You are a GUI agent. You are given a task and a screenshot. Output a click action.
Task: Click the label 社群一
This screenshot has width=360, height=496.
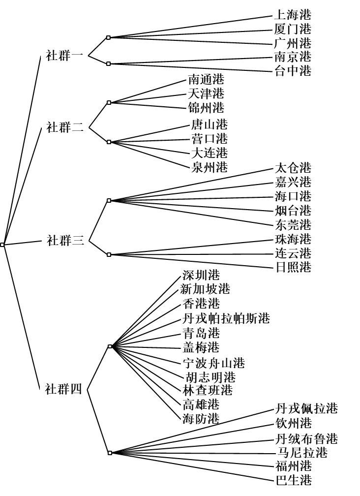click(64, 56)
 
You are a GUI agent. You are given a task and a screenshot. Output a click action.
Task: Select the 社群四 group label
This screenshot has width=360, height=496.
click(64, 388)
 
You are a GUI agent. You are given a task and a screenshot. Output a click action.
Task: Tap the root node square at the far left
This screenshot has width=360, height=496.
click(2, 245)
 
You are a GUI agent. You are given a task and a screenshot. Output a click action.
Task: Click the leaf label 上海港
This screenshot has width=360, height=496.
click(293, 15)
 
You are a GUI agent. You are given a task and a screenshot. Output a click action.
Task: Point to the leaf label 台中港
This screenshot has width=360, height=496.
click(293, 70)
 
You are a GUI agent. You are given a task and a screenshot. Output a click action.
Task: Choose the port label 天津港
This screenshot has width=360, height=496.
click(206, 93)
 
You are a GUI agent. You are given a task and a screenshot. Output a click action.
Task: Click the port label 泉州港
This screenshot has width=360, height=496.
click(209, 167)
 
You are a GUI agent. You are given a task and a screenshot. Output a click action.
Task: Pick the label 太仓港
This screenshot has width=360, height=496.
click(293, 168)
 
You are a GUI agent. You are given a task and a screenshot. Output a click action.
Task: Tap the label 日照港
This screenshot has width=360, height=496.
click(293, 267)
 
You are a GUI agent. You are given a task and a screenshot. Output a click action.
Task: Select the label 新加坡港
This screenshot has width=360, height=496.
click(205, 289)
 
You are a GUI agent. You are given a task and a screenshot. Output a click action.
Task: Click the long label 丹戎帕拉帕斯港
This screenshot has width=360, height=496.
click(226, 318)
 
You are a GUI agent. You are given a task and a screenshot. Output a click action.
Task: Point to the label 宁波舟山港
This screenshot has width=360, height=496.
click(213, 363)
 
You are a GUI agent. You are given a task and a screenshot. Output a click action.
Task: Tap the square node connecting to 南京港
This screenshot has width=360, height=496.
click(108, 63)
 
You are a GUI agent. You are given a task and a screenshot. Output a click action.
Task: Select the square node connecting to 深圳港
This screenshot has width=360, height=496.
click(110, 346)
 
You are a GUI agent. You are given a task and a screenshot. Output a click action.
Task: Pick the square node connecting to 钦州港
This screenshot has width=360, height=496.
click(110, 453)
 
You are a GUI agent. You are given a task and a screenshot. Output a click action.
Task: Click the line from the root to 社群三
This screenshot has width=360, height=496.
click(23, 243)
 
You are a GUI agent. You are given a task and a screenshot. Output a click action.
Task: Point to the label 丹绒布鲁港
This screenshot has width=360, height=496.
click(306, 439)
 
